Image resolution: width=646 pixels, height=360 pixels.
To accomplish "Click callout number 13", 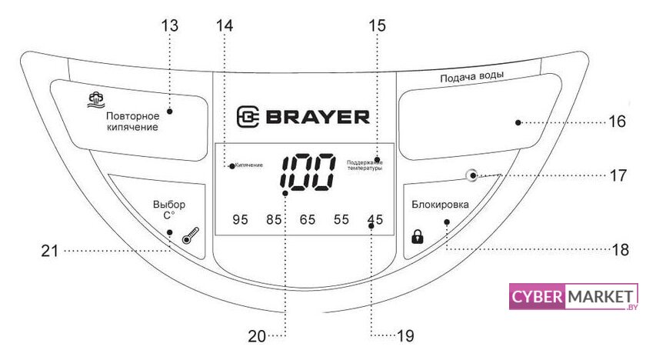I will [x=170, y=25].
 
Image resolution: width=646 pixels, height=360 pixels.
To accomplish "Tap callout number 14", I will [x=224, y=25].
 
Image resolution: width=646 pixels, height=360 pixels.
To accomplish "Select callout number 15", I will [x=377, y=25].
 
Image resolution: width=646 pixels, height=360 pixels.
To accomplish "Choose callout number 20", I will [x=257, y=336].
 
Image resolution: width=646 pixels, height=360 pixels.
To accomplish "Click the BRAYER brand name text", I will [x=302, y=117].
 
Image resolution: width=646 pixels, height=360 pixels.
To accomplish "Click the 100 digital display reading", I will [x=307, y=172].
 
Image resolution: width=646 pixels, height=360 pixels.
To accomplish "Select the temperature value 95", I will [x=241, y=220].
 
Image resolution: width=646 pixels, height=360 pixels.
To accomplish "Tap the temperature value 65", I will [x=308, y=220].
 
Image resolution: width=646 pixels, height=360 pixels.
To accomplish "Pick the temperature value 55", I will [x=341, y=220].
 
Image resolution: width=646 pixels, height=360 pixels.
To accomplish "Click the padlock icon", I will [x=418, y=236].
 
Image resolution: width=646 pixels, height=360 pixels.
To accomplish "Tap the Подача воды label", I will [x=471, y=78].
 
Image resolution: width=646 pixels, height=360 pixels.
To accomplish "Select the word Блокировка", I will [x=440, y=204].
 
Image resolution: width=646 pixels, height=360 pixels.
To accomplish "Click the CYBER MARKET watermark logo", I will [x=574, y=297].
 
